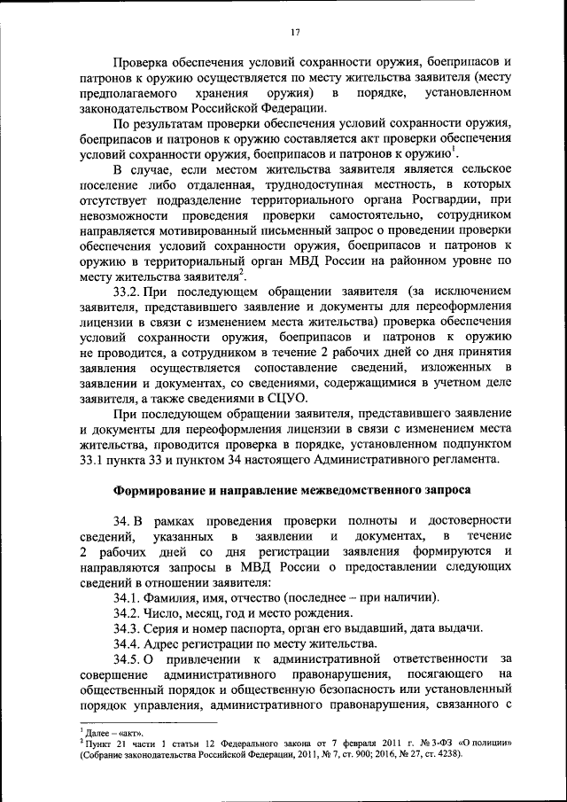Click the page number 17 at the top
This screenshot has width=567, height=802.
pos(295,33)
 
